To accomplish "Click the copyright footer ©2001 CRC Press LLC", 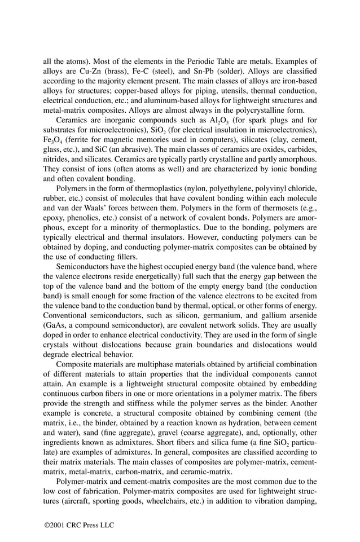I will pyautogui.click(x=79, y=526).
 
